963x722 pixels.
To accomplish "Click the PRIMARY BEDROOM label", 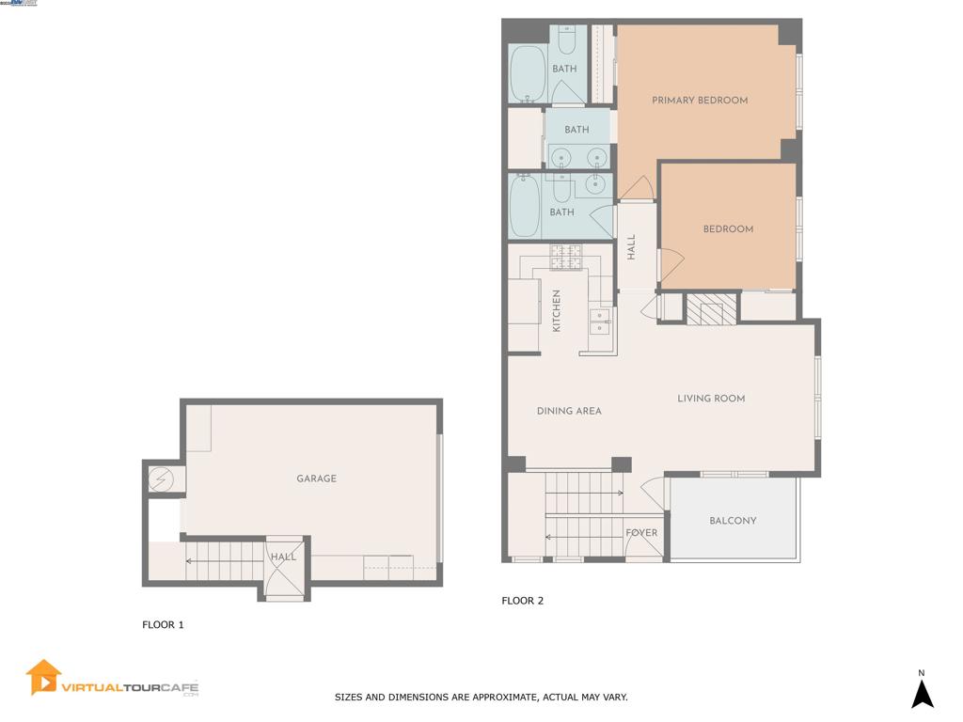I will [700, 101].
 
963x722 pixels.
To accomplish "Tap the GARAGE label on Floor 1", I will [316, 479].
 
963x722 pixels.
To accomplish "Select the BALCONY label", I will [733, 521].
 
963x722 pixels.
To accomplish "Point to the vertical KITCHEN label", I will [557, 310].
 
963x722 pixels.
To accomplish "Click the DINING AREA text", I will [569, 411].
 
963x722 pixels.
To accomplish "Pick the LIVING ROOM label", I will [711, 399].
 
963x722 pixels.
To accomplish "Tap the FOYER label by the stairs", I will [641, 533].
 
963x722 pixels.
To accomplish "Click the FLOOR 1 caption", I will [163, 624].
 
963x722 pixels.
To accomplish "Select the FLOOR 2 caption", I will [522, 601].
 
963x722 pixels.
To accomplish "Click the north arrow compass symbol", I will [923, 694].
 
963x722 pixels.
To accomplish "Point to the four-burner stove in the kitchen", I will [568, 257].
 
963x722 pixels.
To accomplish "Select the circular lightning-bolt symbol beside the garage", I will [162, 480].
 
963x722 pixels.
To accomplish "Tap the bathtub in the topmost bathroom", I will [528, 73].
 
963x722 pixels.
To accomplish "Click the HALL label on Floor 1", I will [283, 557].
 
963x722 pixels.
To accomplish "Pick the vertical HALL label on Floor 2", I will [632, 247].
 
